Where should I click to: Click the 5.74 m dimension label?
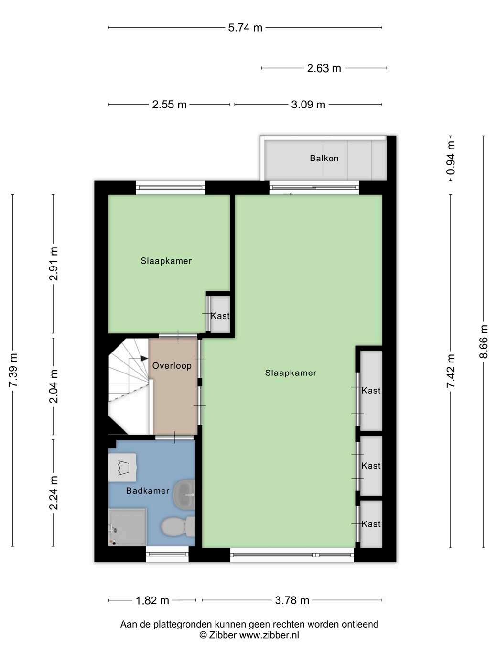tap(245, 28)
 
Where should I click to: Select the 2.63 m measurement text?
tap(324, 68)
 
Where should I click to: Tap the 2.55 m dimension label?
tap(169, 105)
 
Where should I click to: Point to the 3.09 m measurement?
tap(308, 105)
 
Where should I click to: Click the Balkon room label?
tap(324, 158)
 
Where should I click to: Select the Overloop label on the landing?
tap(172, 365)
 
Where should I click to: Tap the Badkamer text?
tap(148, 490)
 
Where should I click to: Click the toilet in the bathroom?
tap(178, 526)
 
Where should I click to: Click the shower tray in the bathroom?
tap(128, 527)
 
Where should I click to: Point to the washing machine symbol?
tap(122, 467)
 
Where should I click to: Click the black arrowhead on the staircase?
tap(144, 358)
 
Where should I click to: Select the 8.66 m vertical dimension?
tap(483, 341)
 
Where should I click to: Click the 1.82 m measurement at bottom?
tap(152, 600)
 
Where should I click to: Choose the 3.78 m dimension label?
tap(292, 600)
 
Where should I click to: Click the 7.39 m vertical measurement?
tap(13, 370)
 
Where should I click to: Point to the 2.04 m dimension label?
tap(54, 386)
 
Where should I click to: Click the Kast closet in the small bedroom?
tap(220, 316)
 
